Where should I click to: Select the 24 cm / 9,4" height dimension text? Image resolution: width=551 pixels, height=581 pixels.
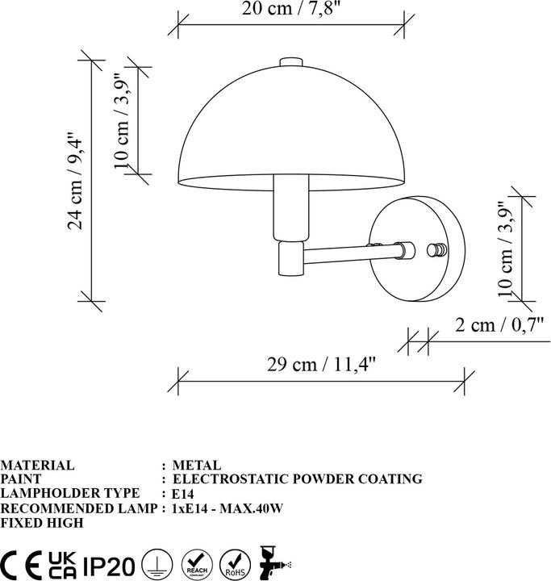coord(76,180)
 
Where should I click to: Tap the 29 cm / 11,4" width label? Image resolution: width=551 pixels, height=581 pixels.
coord(321,364)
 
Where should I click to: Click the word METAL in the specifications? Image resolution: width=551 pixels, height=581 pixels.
coord(197,466)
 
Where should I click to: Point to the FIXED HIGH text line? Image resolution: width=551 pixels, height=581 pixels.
coord(42,521)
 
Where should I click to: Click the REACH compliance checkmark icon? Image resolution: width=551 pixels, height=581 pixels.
coord(196,562)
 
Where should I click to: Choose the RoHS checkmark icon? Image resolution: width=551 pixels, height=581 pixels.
coord(235,562)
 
